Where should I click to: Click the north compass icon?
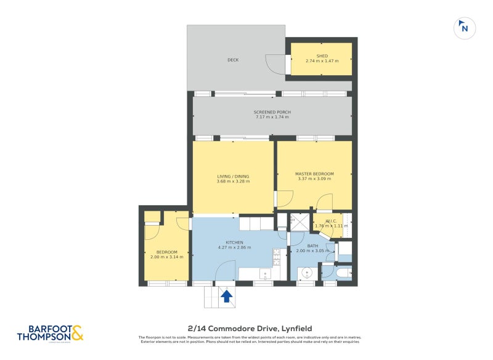464,28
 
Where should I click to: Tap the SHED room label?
320,55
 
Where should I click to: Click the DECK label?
233,60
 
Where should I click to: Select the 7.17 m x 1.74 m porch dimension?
272,117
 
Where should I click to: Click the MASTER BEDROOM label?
314,174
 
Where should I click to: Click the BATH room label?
313,246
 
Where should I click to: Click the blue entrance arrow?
226,297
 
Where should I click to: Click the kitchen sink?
264,274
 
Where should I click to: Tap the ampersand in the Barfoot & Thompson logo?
77,333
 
